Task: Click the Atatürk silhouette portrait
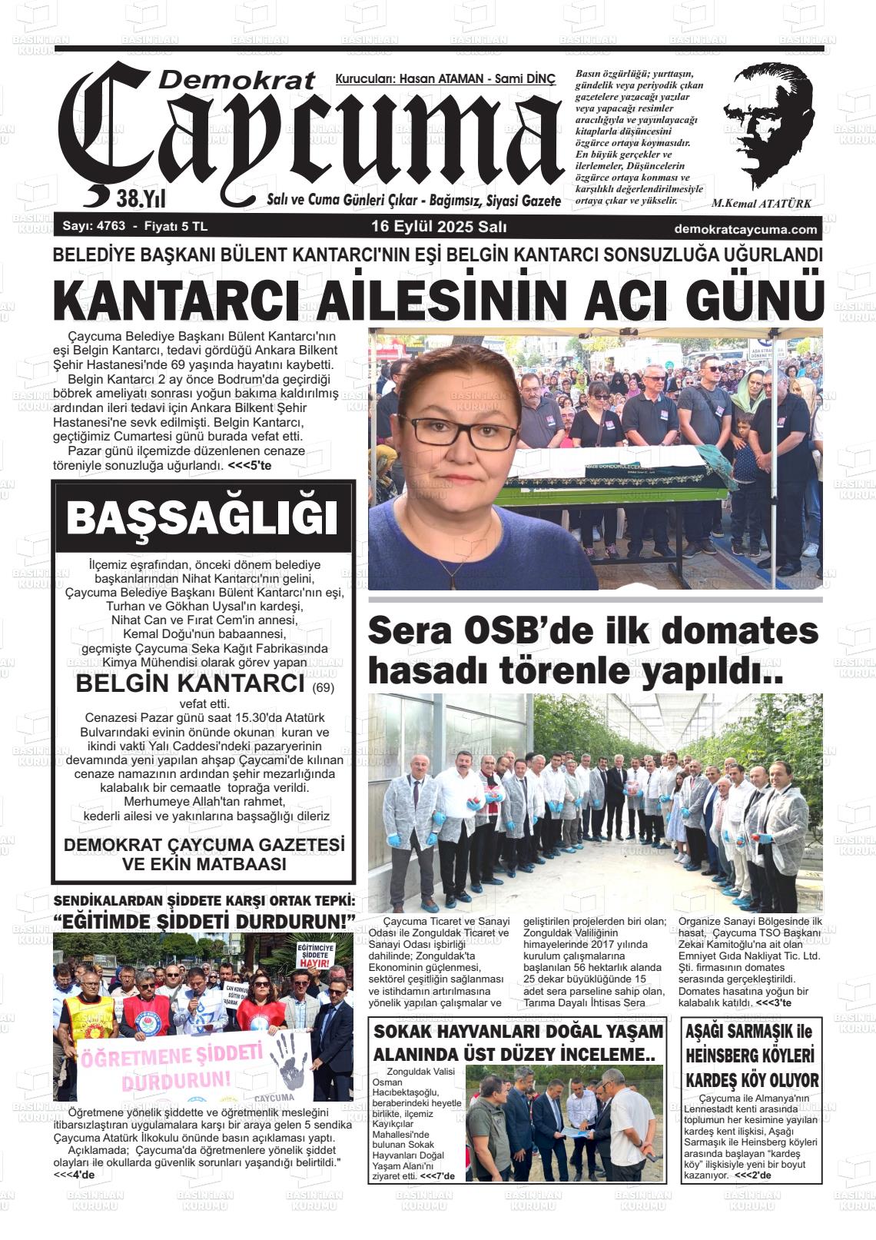pos(769,127)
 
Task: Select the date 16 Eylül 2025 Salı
pos(438,227)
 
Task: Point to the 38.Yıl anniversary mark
pos(141,200)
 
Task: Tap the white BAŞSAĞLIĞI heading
pos(203,518)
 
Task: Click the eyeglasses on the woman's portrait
pos(446,434)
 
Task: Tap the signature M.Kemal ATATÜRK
pos(761,204)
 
